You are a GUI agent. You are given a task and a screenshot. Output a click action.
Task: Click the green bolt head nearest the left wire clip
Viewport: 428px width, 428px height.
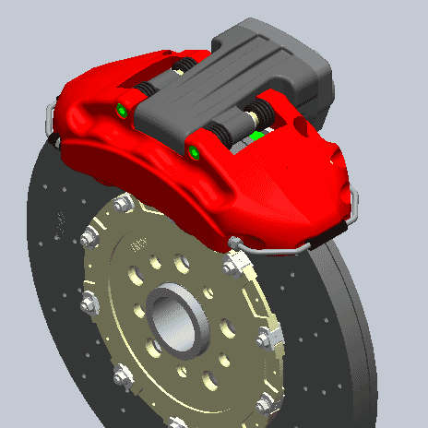pos(122,112)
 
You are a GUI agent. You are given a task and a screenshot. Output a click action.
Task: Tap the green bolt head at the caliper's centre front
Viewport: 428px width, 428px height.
pos(195,151)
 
